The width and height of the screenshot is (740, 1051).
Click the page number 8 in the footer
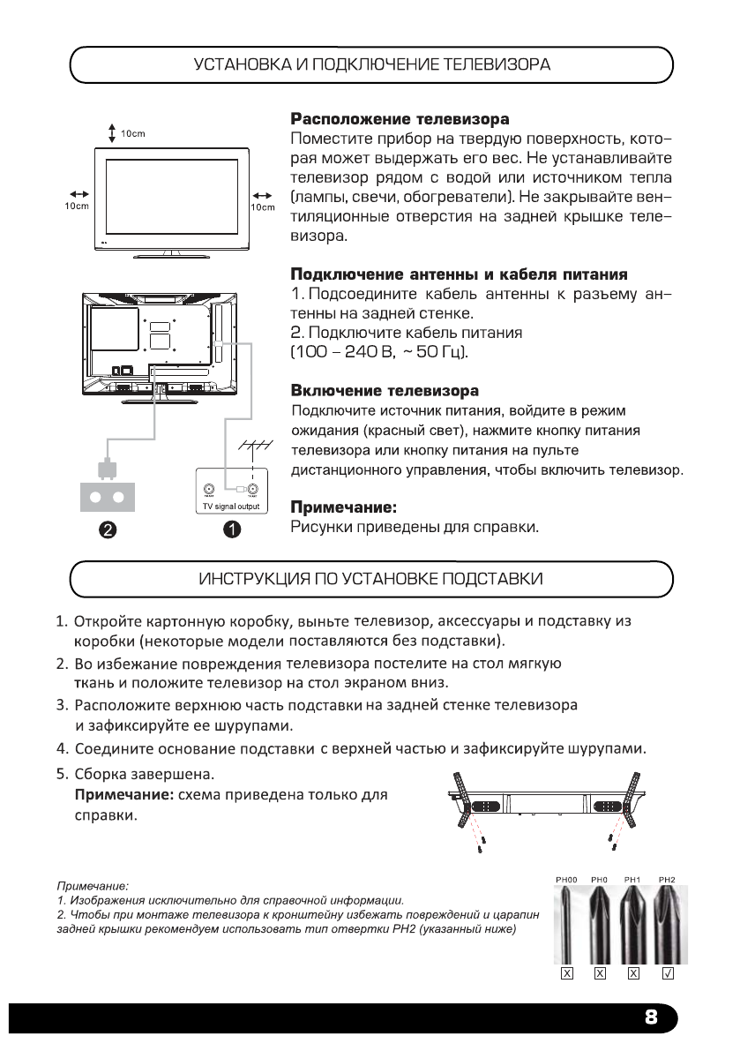point(650,1016)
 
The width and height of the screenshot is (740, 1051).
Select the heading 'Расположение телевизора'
point(400,118)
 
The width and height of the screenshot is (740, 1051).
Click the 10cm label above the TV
point(132,133)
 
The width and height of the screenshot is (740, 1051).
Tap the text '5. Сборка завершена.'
point(145,773)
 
